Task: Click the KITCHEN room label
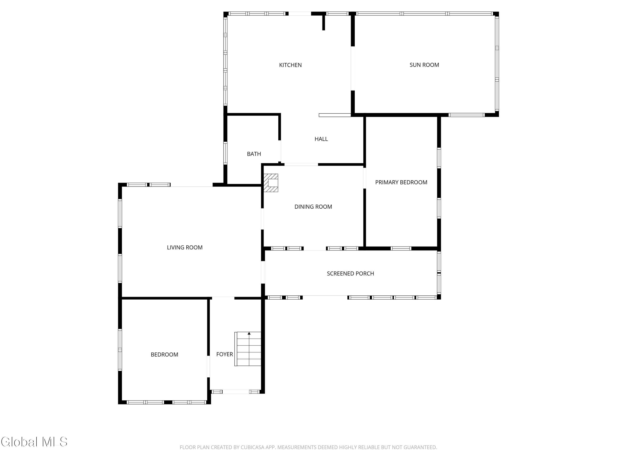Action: [290, 65]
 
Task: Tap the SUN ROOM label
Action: [424, 65]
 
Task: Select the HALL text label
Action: [321, 139]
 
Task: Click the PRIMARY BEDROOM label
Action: [401, 183]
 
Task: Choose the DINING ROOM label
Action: [313, 207]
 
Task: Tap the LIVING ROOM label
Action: [185, 248]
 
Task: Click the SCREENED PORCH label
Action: [350, 274]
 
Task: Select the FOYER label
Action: [225, 354]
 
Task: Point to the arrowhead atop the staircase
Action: [249, 333]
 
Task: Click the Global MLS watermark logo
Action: [34, 442]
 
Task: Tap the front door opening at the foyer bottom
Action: [236, 392]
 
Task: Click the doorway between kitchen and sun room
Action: [353, 68]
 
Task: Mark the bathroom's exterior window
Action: [225, 153]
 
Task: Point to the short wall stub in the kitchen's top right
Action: [324, 22]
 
